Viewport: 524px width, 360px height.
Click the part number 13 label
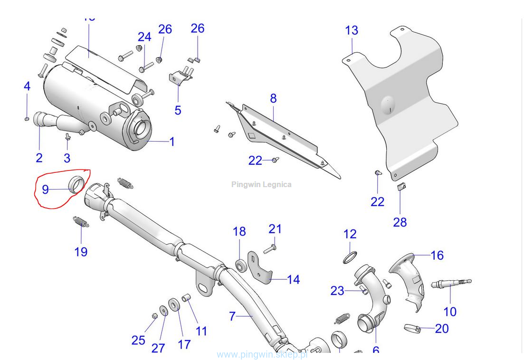point(352,31)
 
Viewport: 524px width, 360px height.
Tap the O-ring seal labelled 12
point(350,257)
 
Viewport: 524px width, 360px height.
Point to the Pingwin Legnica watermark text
point(261,184)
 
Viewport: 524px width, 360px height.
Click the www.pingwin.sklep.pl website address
point(262,354)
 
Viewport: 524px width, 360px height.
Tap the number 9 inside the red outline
point(45,190)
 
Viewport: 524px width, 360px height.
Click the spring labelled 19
point(81,222)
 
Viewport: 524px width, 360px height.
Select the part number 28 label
point(400,222)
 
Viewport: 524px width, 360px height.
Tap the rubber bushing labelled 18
point(240,265)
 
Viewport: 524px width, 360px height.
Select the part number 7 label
point(232,315)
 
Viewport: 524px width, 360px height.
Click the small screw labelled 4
point(27,118)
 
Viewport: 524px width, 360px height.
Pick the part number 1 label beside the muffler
point(172,142)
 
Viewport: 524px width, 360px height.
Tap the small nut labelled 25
point(154,316)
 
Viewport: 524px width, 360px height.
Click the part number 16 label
point(437,256)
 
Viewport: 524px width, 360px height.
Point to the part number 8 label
point(273,98)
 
